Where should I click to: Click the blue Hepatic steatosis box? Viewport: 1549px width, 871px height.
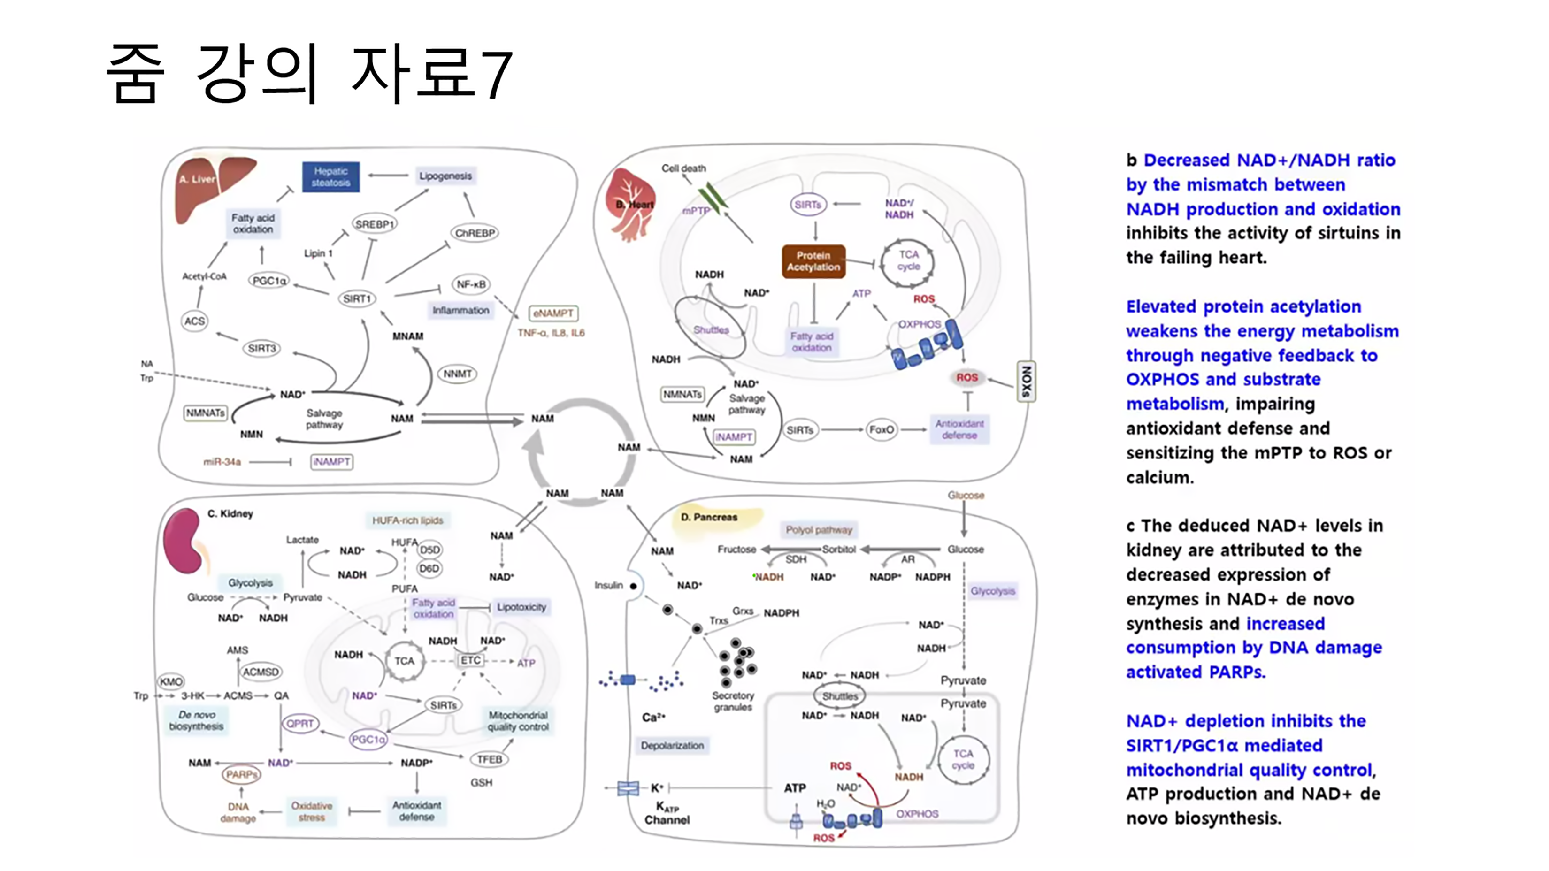tap(331, 177)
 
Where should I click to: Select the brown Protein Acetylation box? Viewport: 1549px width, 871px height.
tap(813, 261)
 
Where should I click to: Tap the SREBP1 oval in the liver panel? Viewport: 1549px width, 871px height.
tap(374, 224)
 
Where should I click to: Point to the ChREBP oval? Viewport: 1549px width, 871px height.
tap(475, 233)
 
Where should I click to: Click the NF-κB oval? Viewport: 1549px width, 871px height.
tap(471, 284)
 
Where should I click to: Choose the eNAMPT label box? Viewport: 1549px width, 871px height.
tap(552, 313)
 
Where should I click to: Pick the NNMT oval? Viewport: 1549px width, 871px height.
tap(457, 374)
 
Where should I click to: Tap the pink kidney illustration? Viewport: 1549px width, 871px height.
tap(184, 541)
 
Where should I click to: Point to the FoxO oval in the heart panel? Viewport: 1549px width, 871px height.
tap(881, 430)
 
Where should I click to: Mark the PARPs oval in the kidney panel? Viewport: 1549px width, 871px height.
tap(242, 774)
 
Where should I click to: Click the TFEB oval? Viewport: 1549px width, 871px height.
tap(489, 759)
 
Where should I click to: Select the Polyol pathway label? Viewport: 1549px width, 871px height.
tap(819, 529)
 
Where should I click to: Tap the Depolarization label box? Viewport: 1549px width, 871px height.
tap(672, 745)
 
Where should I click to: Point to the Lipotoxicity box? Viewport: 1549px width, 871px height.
tap(521, 607)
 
